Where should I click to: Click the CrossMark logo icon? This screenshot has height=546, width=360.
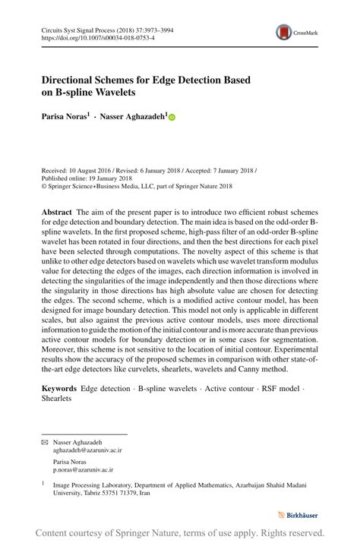tap(284, 33)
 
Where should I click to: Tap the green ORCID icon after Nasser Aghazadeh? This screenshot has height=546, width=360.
tap(172, 118)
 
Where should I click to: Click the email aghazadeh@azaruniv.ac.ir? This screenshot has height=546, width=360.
tap(87, 450)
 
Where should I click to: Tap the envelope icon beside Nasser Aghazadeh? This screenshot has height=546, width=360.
tap(44, 441)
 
